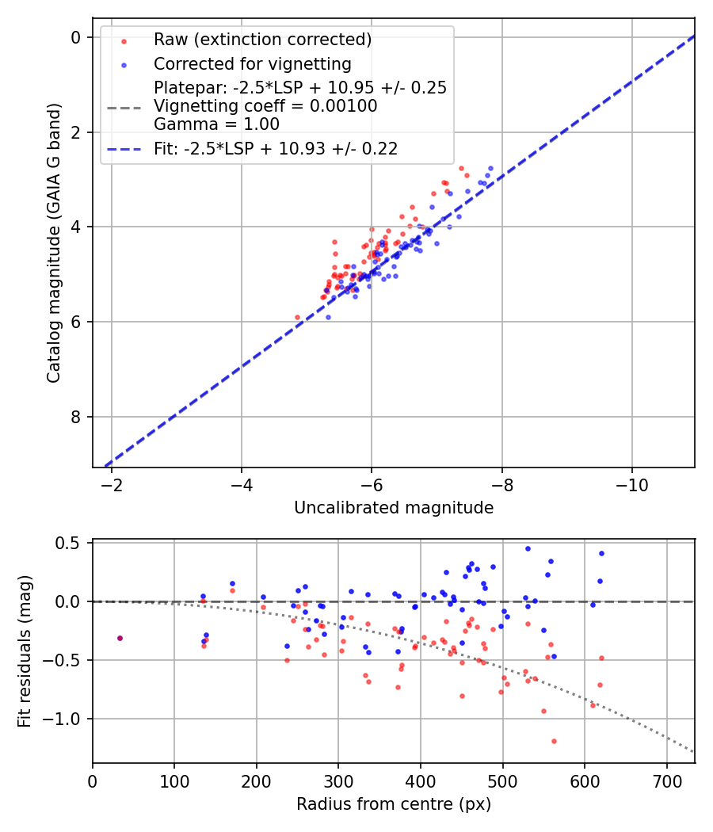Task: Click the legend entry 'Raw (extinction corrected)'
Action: coord(262,40)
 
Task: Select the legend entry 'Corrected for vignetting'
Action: coord(252,63)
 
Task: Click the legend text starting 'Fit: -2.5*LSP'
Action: coord(275,148)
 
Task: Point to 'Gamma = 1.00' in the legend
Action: coord(216,124)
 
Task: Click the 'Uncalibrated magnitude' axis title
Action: coord(394,507)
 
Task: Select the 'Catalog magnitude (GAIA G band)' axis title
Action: coord(54,241)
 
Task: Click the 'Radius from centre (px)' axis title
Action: coord(394,804)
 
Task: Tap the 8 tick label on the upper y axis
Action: coord(76,417)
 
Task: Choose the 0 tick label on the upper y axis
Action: coord(76,37)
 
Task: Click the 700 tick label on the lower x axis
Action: coord(666,781)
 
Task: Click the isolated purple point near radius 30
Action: coord(120,638)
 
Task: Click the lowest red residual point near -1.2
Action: coord(554,741)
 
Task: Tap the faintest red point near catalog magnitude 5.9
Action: coord(298,317)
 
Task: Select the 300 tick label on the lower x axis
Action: coord(338,781)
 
